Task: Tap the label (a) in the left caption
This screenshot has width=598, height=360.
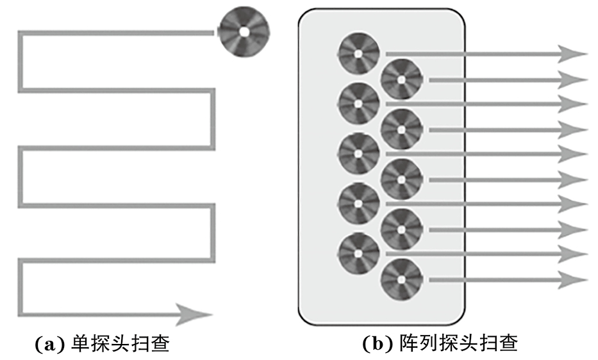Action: [x=47, y=344]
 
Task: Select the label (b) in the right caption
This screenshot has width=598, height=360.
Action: [x=375, y=344]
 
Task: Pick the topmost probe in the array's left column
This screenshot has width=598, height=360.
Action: [x=359, y=53]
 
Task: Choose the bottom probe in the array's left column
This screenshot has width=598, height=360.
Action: [x=359, y=253]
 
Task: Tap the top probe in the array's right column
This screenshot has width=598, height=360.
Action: [x=401, y=79]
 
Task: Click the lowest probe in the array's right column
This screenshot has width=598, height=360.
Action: [x=401, y=280]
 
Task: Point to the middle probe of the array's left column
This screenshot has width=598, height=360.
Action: [x=359, y=153]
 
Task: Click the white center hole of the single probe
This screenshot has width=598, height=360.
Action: [x=244, y=31]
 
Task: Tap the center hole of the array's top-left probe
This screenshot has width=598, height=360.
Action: [x=359, y=53]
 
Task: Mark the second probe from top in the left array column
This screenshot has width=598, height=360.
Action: [x=359, y=103]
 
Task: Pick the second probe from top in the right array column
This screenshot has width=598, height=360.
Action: [x=401, y=129]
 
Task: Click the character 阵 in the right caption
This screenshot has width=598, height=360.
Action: [x=401, y=344]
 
